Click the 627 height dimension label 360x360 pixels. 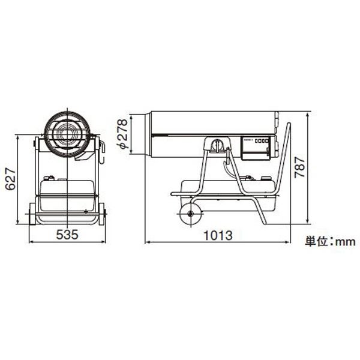[11, 179]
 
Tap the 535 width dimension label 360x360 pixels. [67, 235]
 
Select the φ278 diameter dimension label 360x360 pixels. [122, 134]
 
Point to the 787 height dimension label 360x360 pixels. [300, 167]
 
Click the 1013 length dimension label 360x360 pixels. [218, 235]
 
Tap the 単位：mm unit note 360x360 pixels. [330, 242]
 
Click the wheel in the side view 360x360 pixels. [191, 214]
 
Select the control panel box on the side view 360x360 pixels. [256, 148]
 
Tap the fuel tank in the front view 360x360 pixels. [67, 196]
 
